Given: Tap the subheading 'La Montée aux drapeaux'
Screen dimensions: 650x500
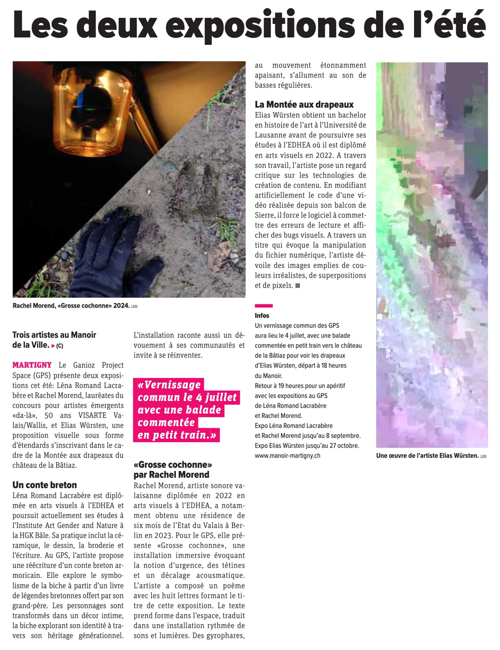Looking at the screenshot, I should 304,104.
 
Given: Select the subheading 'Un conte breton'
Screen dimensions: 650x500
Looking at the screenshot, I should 44,484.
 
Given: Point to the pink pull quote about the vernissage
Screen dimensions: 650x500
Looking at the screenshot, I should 186,410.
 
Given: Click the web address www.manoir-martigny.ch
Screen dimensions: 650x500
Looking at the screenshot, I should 287,455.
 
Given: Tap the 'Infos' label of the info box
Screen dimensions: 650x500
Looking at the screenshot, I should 262,315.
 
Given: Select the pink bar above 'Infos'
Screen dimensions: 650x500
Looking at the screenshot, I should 263,305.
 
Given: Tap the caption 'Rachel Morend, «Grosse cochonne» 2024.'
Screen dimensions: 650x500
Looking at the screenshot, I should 71,305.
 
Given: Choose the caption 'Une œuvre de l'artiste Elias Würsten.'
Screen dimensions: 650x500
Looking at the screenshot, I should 427,455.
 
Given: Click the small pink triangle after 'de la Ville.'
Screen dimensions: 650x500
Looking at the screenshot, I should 53,345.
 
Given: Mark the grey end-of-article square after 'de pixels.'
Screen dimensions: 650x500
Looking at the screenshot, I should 297,285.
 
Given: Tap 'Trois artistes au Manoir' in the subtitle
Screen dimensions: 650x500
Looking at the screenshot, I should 54,335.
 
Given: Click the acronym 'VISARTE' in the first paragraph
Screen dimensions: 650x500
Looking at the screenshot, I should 92,415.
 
